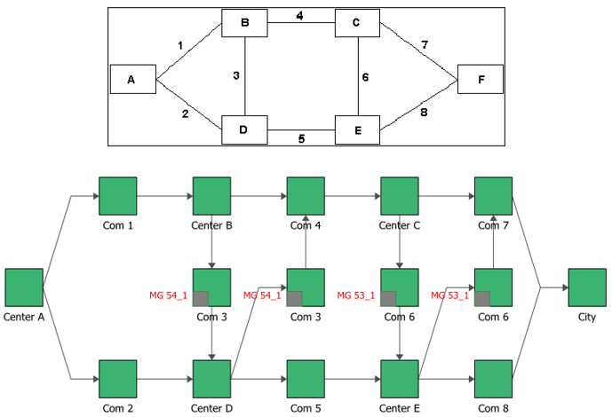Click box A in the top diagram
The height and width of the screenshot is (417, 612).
tap(132, 79)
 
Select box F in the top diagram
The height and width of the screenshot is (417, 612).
tap(481, 79)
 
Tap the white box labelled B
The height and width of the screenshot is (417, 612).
tap(244, 23)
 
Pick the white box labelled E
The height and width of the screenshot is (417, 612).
tap(357, 130)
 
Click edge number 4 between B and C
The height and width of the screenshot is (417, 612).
tap(300, 16)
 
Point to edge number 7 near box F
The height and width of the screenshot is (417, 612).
tap(425, 44)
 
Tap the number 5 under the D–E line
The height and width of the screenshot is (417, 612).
tap(302, 138)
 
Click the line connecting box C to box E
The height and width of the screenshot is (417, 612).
tap(357, 76)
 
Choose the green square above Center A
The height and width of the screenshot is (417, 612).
tap(24, 287)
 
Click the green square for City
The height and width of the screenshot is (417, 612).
tap(586, 287)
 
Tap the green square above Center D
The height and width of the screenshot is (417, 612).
tap(211, 379)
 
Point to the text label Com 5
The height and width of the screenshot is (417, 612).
tap(306, 407)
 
